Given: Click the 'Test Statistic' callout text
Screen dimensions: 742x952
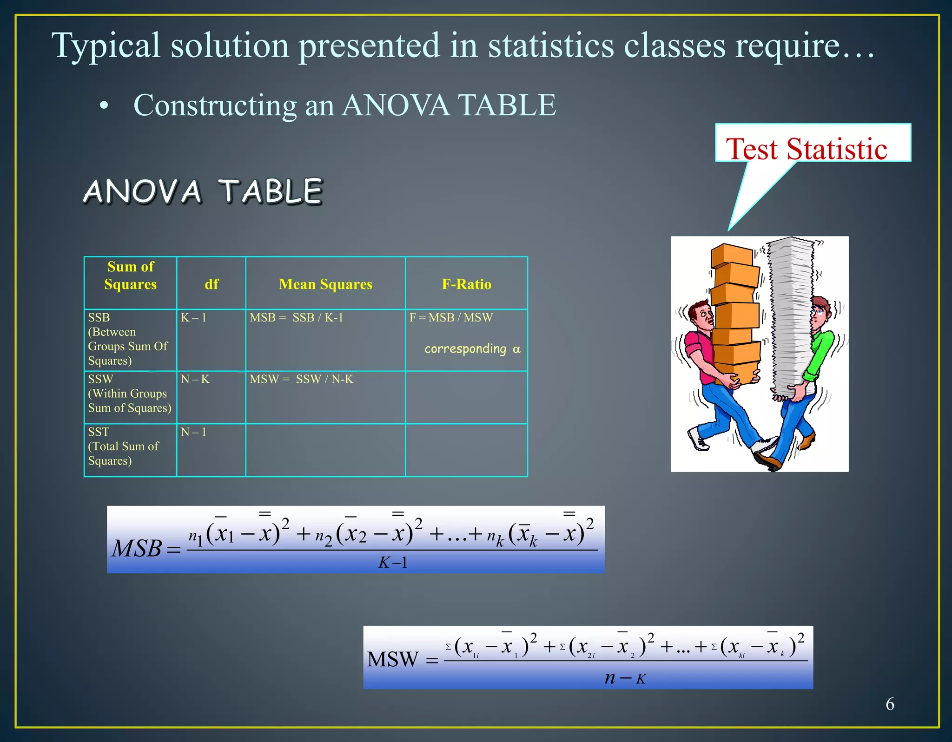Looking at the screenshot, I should [x=807, y=149].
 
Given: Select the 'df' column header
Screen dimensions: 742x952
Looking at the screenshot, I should [x=212, y=284].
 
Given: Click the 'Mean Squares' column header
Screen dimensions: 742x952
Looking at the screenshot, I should [x=325, y=284].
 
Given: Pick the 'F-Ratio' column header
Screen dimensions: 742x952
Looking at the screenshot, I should [x=466, y=284].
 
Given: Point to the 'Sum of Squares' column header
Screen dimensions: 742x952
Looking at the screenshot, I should [x=131, y=276].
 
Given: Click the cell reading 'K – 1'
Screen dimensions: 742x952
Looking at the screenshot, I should [x=193, y=318].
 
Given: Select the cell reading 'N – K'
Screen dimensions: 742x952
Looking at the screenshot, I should [x=195, y=380].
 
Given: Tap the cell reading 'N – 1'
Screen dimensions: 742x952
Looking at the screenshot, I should [x=193, y=432].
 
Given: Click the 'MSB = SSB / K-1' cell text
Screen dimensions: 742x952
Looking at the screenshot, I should [x=296, y=318].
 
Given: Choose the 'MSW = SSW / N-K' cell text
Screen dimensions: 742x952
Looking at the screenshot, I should [x=301, y=380].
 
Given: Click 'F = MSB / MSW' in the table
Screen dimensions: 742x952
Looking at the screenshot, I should [x=451, y=318].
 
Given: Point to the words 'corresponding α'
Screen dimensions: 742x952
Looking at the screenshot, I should [x=472, y=349].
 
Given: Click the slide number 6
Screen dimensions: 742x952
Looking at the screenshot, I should [x=890, y=704].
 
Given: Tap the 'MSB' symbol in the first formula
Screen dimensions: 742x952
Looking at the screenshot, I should [x=137, y=549].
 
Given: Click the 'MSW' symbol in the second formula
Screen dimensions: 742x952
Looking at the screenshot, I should [x=393, y=659].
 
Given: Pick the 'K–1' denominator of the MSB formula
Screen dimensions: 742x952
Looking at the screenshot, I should [x=393, y=563].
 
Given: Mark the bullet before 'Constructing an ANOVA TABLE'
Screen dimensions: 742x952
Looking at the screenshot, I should [x=104, y=106].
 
